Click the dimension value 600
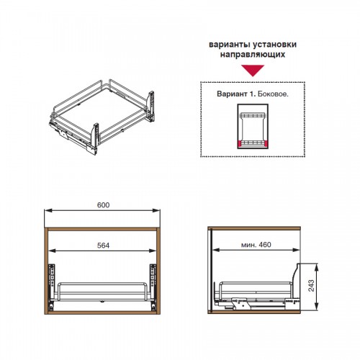[x=103, y=205]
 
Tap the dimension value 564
[x=103, y=246]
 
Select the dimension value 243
[x=311, y=286]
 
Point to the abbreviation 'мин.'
[x=248, y=245]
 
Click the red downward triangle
[x=253, y=70]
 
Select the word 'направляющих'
[x=253, y=55]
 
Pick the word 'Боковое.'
[x=273, y=94]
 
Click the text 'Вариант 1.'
[x=236, y=94]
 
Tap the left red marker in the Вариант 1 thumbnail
[x=240, y=144]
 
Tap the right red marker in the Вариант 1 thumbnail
[x=266, y=144]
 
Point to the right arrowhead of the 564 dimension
[x=153, y=251]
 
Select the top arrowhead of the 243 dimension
[x=317, y=267]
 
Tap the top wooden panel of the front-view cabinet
[x=102, y=229]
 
